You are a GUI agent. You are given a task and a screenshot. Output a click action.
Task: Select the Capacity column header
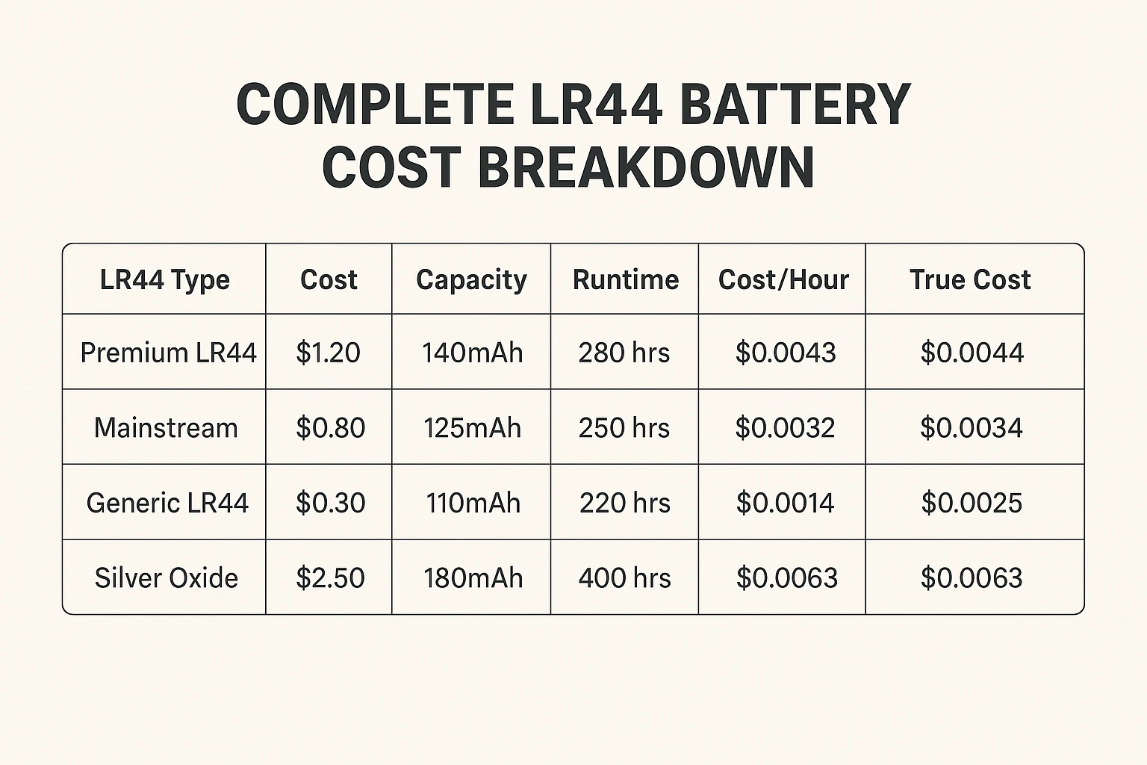471,279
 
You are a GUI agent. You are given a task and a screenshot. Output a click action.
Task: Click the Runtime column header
626,279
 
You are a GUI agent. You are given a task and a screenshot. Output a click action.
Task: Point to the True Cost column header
970,279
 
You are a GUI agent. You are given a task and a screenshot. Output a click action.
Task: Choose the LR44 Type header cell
165,279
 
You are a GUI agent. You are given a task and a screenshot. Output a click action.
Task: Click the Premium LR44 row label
168,353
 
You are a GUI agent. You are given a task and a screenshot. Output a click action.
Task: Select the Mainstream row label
166,428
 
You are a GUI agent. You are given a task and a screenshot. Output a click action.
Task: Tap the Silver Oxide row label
167,578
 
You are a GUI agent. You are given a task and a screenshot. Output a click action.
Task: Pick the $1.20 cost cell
328,353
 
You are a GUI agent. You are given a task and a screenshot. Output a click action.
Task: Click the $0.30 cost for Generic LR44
330,503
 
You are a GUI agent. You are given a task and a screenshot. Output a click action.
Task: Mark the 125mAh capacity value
472,428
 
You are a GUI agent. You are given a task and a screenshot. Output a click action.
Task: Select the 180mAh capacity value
473,578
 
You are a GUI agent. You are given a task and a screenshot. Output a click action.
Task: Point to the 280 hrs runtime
624,353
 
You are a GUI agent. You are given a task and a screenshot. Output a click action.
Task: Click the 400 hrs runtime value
625,578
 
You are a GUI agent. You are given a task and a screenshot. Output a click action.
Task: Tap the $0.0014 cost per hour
785,503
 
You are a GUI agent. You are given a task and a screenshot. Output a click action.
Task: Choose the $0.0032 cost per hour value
785,428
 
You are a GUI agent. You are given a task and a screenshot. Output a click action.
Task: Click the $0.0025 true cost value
972,503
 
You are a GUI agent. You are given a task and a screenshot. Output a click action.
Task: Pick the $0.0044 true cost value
972,353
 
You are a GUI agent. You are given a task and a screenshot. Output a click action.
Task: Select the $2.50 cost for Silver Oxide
330,578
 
